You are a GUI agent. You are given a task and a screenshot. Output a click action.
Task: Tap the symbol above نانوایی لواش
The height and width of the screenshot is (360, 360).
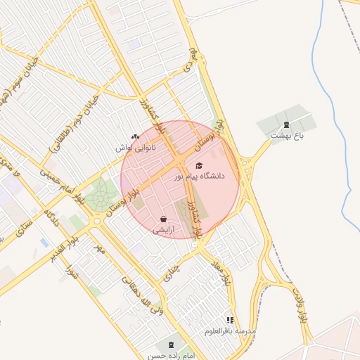pos(135,137)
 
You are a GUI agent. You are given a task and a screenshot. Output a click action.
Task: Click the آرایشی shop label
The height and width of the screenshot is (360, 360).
pos(163,229)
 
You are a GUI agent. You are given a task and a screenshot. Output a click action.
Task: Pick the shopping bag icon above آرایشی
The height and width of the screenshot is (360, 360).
pos(163,219)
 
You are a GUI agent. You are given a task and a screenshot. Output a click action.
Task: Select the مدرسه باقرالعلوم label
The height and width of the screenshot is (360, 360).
pos(231,330)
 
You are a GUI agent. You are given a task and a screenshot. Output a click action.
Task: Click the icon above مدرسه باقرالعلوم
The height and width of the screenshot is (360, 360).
pos(230,321)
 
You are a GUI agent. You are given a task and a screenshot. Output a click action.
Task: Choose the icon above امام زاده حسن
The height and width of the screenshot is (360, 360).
pos(171,345)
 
